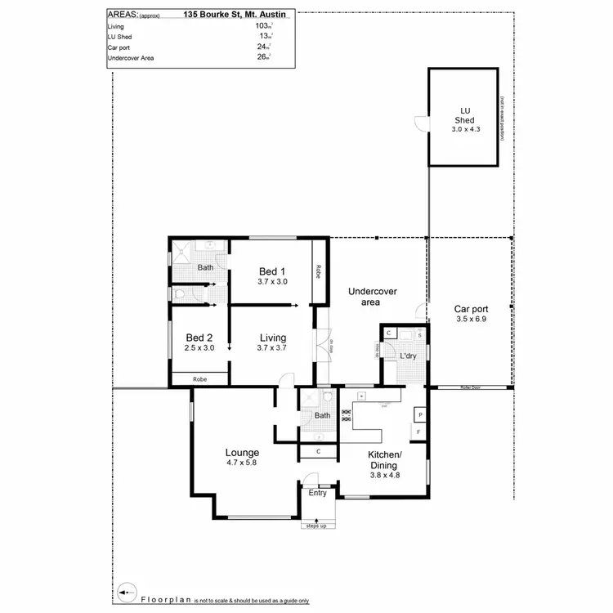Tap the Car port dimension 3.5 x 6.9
(x=470, y=320)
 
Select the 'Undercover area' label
(x=366, y=297)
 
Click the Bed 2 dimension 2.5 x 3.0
(x=199, y=348)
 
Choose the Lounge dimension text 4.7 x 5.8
(x=243, y=463)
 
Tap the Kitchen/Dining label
(x=383, y=459)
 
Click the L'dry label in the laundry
(x=408, y=356)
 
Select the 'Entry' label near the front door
(x=317, y=492)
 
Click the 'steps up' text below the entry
(x=316, y=526)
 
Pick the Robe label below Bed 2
(x=199, y=379)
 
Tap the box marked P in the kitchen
(x=420, y=414)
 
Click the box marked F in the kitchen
(x=420, y=431)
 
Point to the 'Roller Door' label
(x=471, y=388)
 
